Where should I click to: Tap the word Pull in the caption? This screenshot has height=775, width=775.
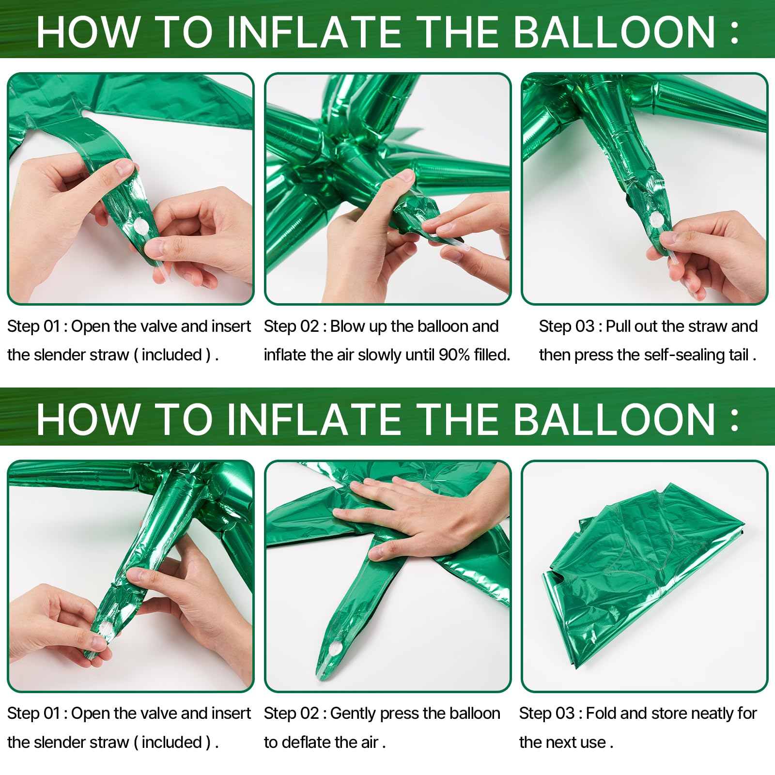[618, 326]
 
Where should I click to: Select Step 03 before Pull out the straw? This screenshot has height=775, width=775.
[567, 326]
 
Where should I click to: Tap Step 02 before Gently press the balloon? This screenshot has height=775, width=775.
[292, 713]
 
